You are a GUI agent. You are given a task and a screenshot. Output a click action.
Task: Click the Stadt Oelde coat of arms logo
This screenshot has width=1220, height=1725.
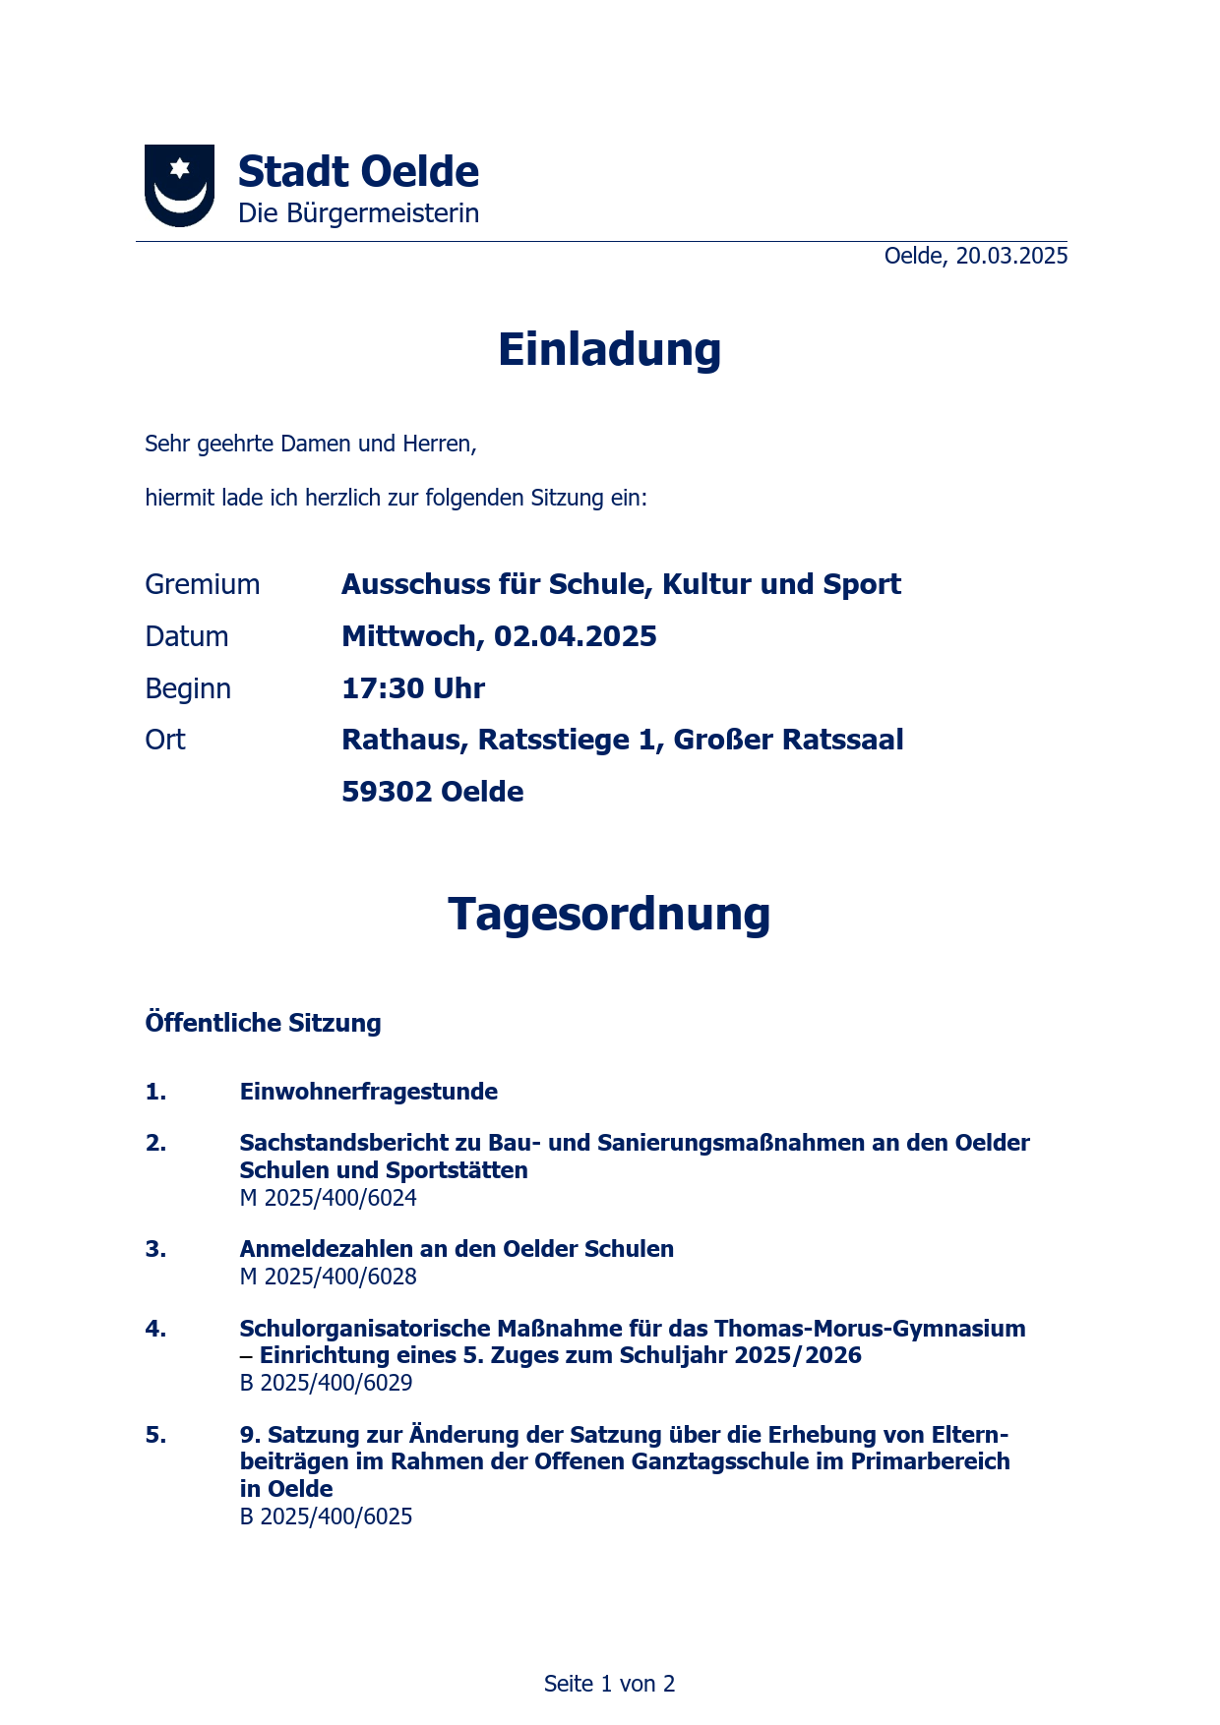(x=179, y=185)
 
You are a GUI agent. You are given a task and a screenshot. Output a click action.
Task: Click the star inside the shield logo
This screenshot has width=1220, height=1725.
(x=179, y=168)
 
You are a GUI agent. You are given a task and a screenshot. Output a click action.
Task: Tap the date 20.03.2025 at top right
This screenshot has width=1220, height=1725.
(x=1011, y=256)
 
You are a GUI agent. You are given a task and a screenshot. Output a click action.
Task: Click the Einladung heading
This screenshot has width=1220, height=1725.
(x=609, y=350)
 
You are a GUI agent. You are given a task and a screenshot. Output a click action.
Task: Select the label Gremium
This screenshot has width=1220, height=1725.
(x=203, y=584)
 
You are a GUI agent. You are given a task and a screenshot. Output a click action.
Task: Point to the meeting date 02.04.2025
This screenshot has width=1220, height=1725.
(x=575, y=636)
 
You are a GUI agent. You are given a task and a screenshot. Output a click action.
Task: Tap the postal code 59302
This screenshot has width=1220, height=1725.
(x=387, y=792)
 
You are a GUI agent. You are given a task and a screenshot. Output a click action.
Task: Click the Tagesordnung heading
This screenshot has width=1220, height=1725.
(x=609, y=915)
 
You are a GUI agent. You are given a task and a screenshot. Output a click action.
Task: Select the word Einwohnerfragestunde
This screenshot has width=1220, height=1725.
(x=369, y=1092)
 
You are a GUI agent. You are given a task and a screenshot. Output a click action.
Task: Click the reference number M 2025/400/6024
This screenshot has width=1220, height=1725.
(x=329, y=1198)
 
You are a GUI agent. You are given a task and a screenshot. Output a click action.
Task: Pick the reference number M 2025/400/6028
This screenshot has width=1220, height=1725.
(x=329, y=1277)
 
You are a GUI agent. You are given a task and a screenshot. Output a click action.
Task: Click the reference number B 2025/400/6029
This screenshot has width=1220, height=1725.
(x=327, y=1383)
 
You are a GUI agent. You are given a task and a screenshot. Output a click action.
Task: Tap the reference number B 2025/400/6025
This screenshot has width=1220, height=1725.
(x=327, y=1517)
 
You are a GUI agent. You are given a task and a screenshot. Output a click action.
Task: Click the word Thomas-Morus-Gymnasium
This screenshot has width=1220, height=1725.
(x=870, y=1329)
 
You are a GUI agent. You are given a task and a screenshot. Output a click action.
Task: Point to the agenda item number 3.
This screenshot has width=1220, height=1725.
(x=155, y=1249)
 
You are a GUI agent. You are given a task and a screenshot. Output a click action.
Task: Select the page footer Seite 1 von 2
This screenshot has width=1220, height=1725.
(x=609, y=1684)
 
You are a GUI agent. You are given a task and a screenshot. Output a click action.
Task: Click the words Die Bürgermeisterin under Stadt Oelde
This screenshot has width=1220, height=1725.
(x=358, y=213)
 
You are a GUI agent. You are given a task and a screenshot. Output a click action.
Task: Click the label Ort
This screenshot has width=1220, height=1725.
(x=165, y=740)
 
